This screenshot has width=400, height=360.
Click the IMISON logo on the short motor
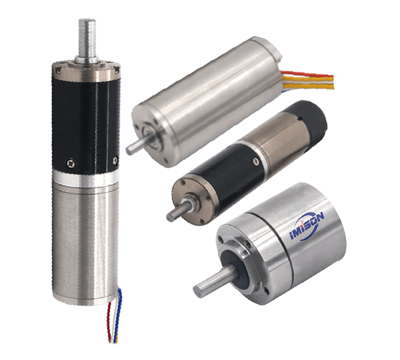click(x=307, y=226)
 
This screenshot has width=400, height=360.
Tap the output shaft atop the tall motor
click(x=87, y=40)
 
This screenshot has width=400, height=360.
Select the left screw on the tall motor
click(x=70, y=163)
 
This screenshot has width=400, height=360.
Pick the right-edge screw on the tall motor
click(x=115, y=160)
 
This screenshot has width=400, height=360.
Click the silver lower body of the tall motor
click(x=86, y=243)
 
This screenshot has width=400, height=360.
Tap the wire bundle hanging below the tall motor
click(x=115, y=317)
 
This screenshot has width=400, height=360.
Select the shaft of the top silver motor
click(x=135, y=147)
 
